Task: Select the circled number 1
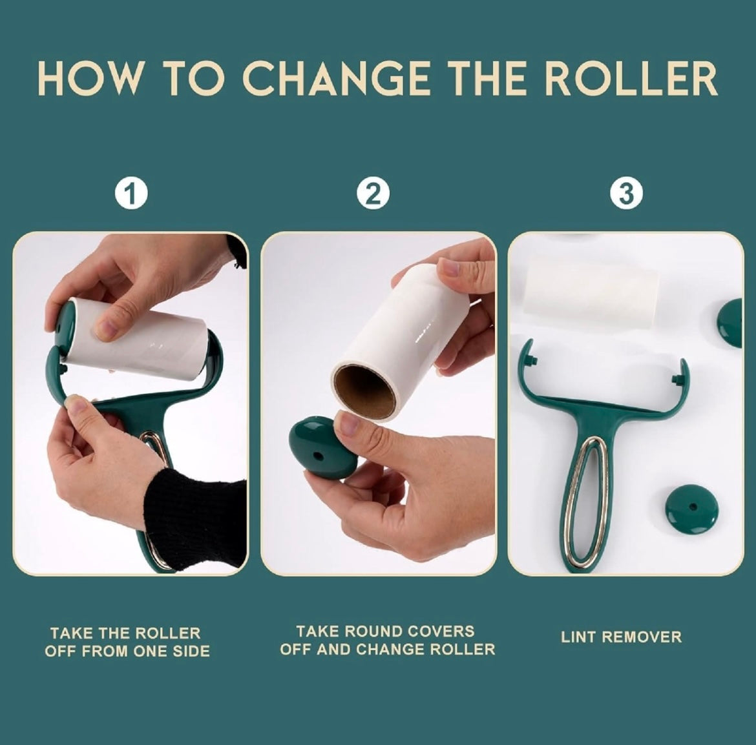pos(132,194)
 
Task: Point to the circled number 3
pos(625,194)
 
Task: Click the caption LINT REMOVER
pos(621,637)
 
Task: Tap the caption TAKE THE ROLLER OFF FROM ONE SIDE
pos(127,642)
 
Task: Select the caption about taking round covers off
pos(386,640)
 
